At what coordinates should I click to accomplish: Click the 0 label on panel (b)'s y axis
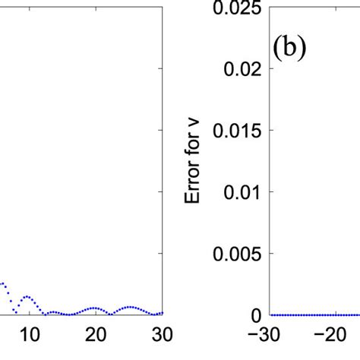pos(257,315)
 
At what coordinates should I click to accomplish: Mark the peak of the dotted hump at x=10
pos(27,296)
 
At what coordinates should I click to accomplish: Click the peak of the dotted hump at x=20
pos(94,308)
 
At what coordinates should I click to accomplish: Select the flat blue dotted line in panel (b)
pos(311,314)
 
